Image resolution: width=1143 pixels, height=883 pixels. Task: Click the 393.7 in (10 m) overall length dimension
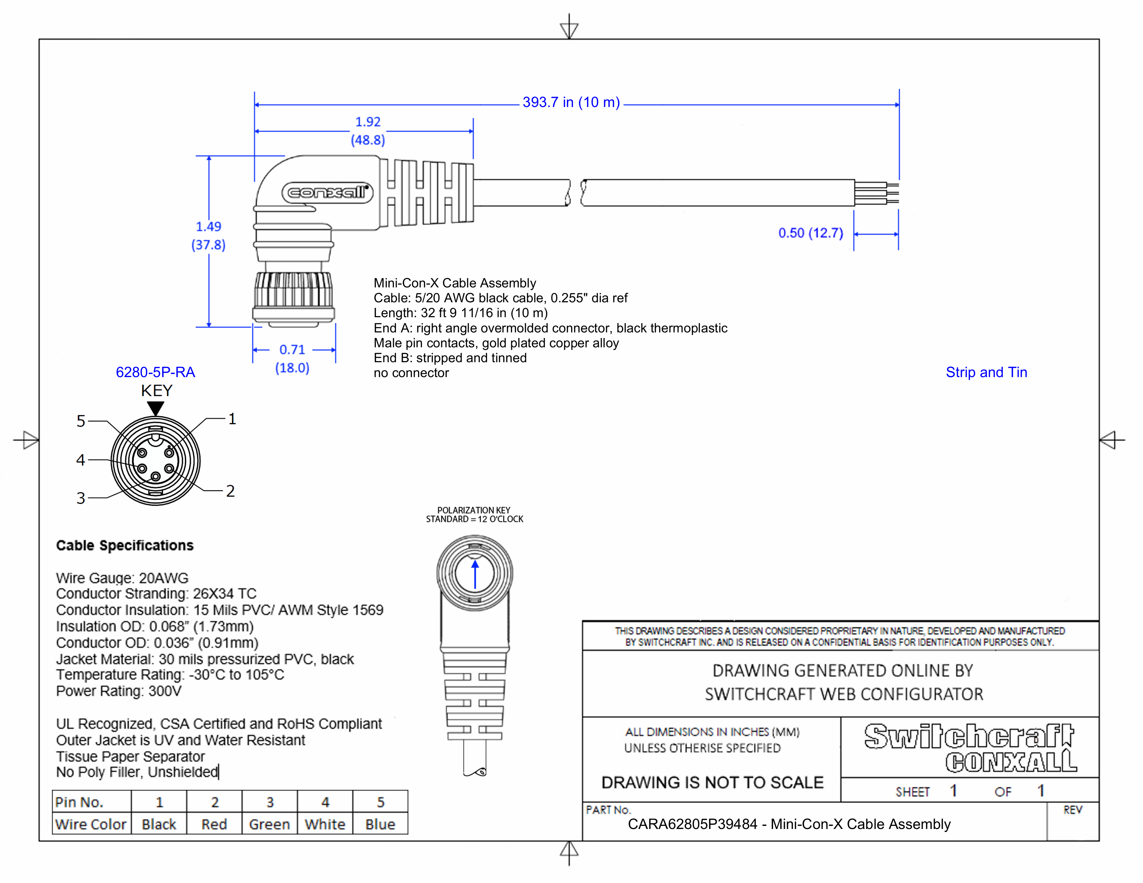pos(570,102)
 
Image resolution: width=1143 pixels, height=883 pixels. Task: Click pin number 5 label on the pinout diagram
pos(81,421)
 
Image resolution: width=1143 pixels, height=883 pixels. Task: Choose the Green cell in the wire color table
pos(269,824)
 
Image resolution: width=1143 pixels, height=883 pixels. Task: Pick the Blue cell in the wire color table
pos(380,824)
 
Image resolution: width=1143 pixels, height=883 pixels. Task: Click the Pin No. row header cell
pos(80,802)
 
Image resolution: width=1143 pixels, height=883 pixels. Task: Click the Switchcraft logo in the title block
pos(969,737)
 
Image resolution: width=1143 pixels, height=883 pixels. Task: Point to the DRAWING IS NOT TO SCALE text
pos(712,783)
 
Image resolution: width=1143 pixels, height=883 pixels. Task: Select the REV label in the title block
pos(1072,810)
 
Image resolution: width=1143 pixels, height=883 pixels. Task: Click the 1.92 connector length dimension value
pos(368,122)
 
